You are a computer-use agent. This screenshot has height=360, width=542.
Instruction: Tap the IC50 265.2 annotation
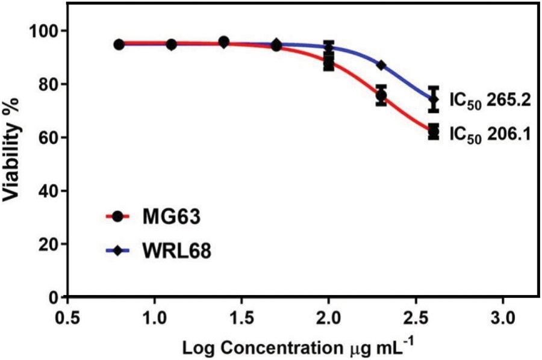489,100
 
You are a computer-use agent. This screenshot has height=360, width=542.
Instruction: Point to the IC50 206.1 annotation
489,134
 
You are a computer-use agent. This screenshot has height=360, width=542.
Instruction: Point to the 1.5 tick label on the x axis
242,317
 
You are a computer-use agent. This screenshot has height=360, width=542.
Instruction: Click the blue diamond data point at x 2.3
381,65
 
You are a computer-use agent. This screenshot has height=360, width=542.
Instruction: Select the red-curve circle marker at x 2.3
381,95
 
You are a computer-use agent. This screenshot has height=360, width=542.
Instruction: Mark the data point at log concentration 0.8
119,45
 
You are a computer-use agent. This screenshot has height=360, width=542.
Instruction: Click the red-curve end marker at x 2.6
433,132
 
